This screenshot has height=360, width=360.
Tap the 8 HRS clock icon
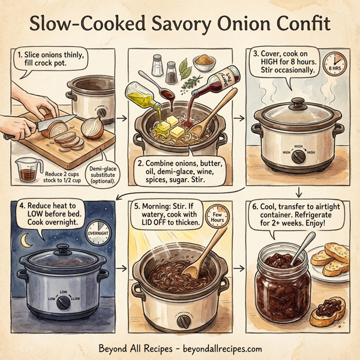pyautogui.click(x=333, y=65)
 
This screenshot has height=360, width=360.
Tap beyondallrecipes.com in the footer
pyautogui.click(x=221, y=349)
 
